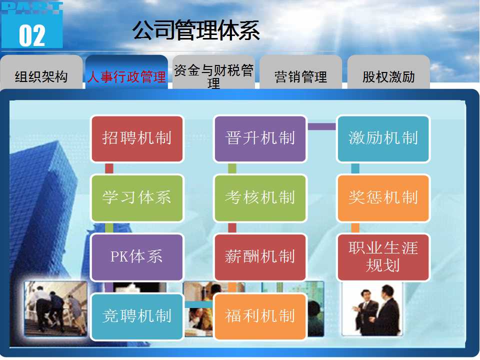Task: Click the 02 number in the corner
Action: point(32,35)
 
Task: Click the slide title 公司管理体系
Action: point(196,30)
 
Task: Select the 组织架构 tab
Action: point(41,73)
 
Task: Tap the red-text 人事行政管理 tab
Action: point(126,73)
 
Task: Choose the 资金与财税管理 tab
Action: point(213,73)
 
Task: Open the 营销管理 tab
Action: point(300,73)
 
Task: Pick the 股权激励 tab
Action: point(388,73)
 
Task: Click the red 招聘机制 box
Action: point(137,138)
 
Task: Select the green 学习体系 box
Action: point(137,198)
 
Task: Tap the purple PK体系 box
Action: point(137,257)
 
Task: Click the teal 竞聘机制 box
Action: point(137,316)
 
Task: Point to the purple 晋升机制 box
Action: point(260,138)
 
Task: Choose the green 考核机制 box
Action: point(260,198)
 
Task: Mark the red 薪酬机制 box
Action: point(260,257)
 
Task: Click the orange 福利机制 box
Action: point(260,316)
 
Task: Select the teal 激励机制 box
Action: point(383,138)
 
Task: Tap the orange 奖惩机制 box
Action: point(383,198)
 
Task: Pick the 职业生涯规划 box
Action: point(383,257)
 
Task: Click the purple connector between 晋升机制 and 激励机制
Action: point(321,126)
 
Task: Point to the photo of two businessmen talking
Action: point(372,308)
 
